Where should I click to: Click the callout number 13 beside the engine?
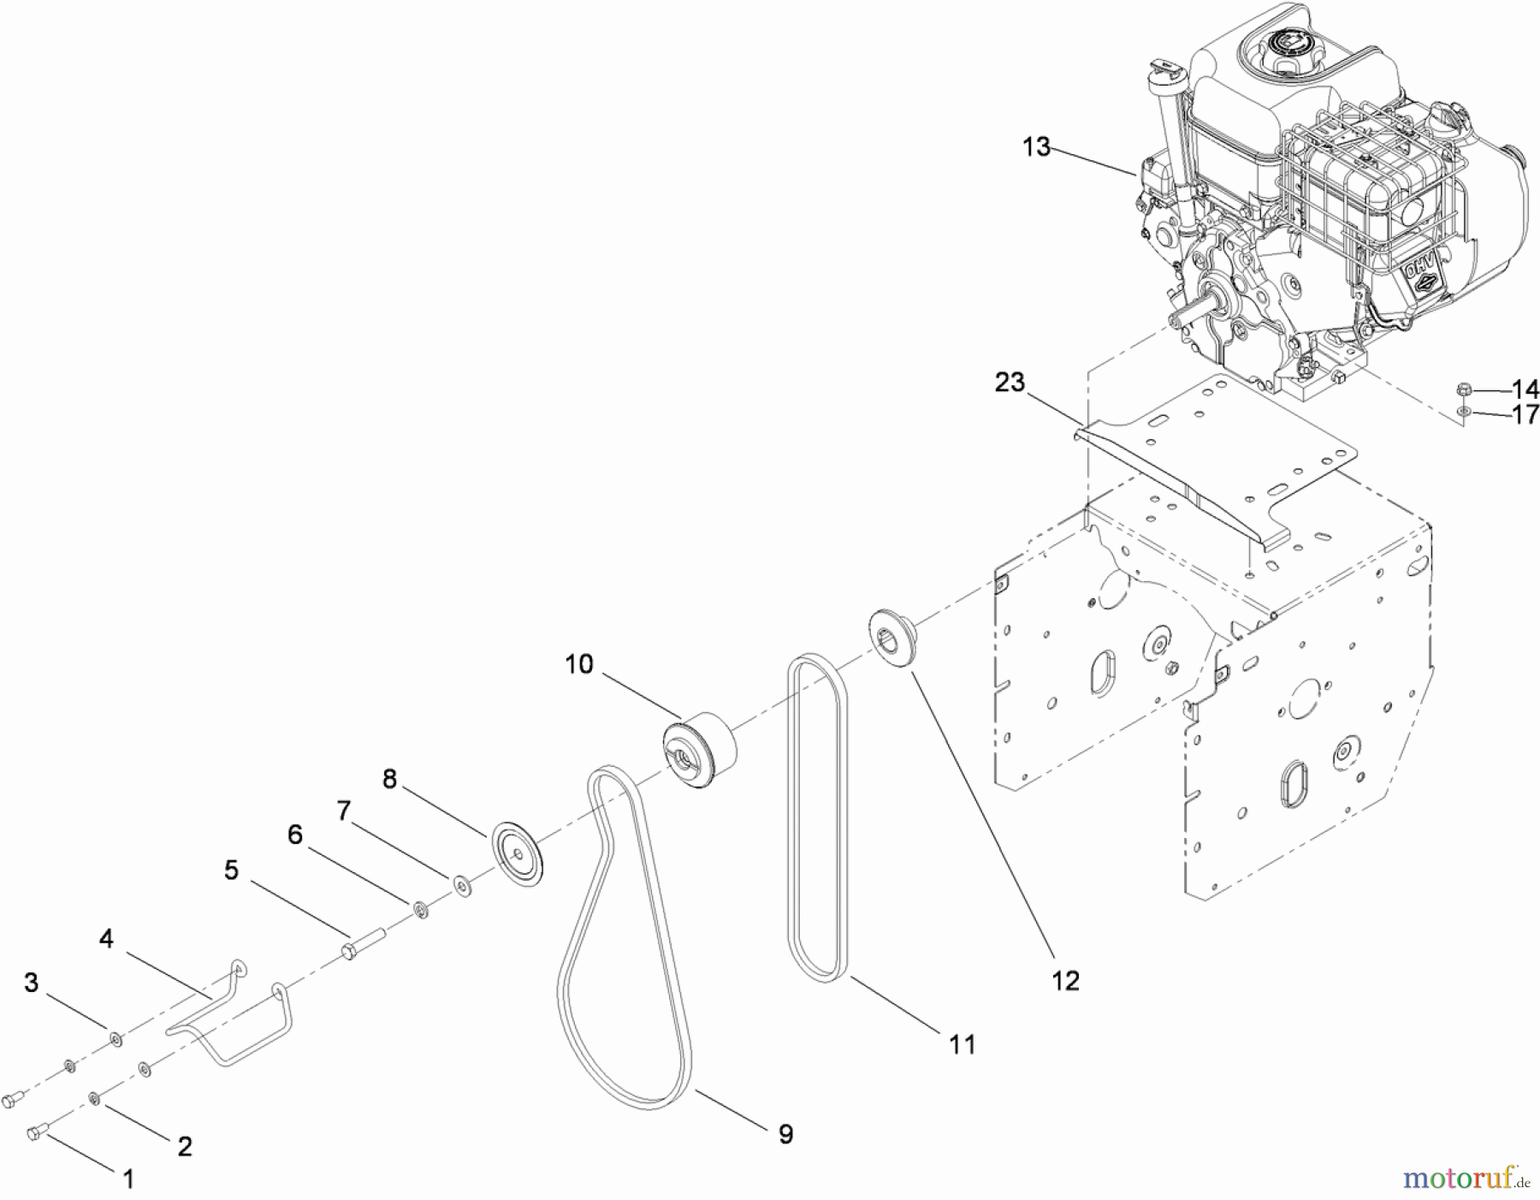pyautogui.click(x=1035, y=147)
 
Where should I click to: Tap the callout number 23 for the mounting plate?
pyautogui.click(x=1010, y=382)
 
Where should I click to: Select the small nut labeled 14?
pyautogui.click(x=1463, y=390)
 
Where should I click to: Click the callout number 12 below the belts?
pyautogui.click(x=1066, y=980)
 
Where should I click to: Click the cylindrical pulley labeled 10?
pyautogui.click(x=702, y=751)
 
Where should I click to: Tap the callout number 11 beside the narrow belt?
pyautogui.click(x=962, y=1044)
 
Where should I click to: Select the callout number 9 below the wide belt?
pyautogui.click(x=785, y=1135)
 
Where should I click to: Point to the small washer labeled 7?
pyautogui.click(x=462, y=884)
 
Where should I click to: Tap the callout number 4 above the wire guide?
pyautogui.click(x=106, y=939)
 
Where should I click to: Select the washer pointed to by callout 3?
pyautogui.click(x=115, y=1039)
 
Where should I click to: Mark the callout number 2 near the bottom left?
pyautogui.click(x=184, y=1146)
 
